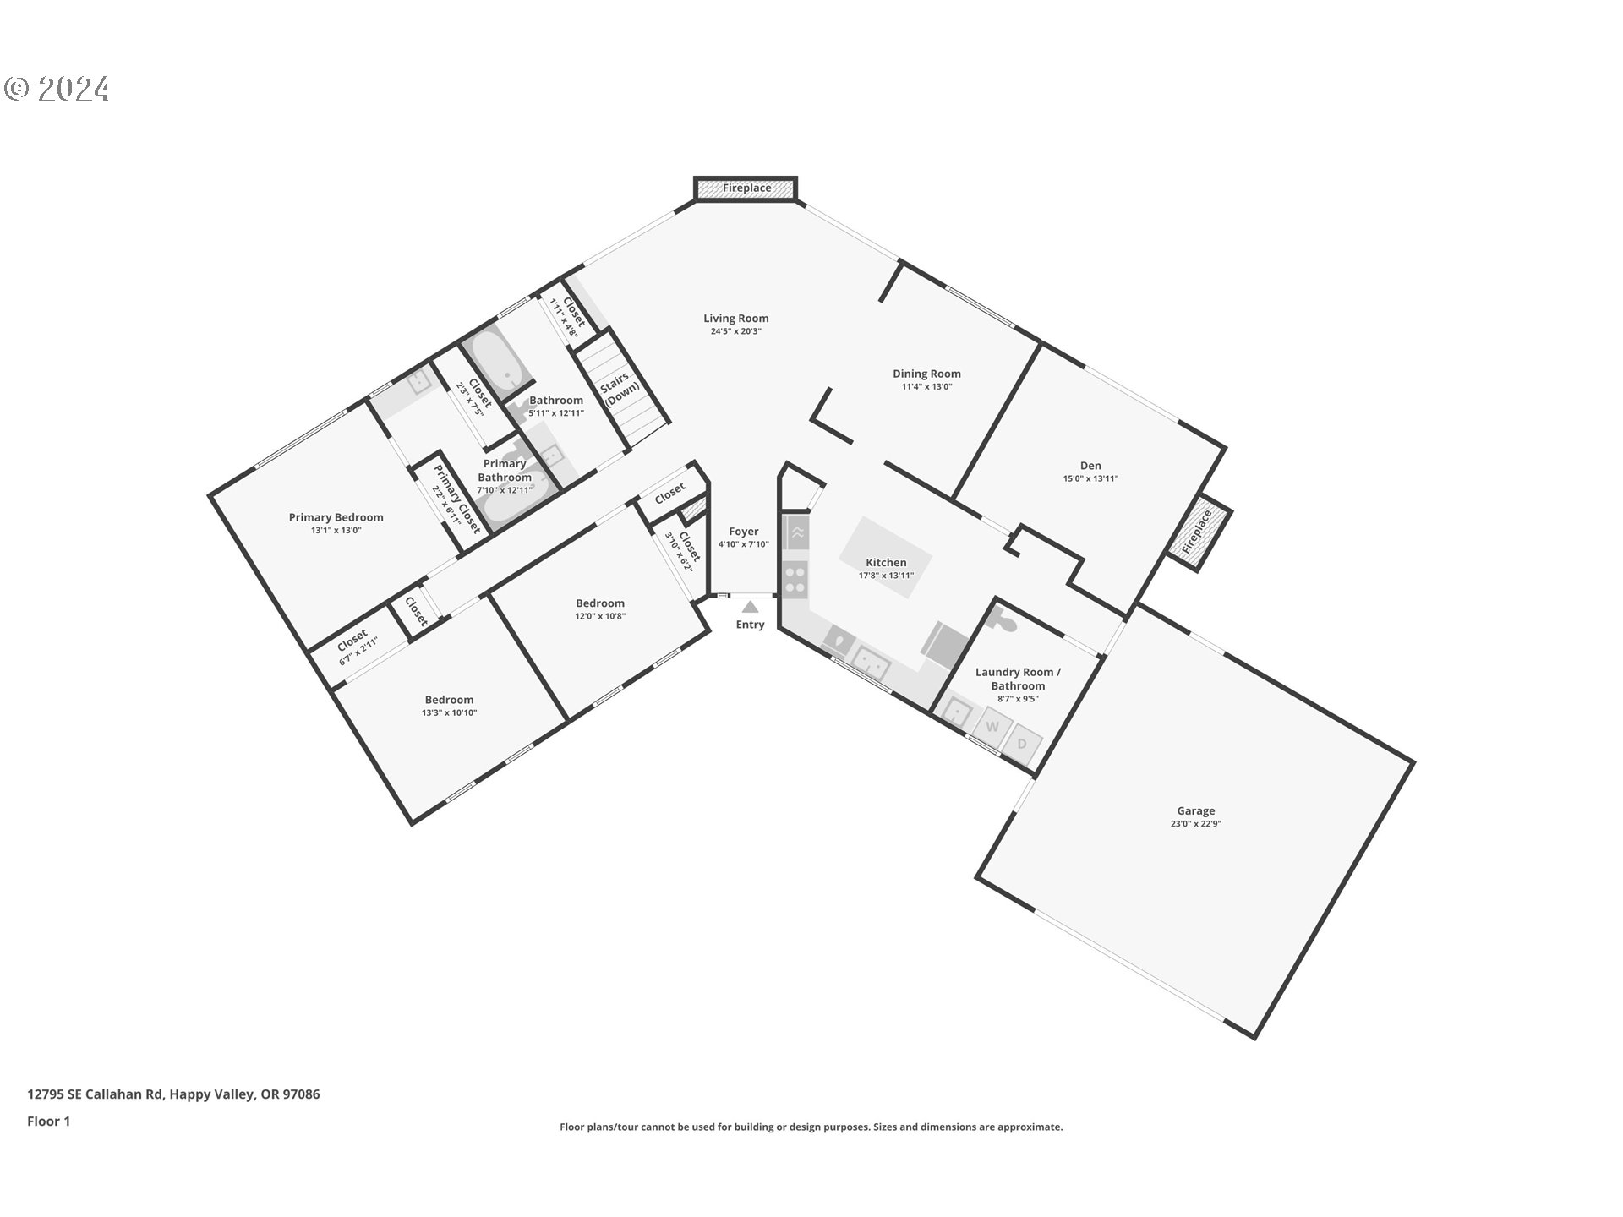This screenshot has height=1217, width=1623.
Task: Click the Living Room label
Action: [735, 319]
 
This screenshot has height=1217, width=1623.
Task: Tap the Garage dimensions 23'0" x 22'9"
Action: [1195, 824]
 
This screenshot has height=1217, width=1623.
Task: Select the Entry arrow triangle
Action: [750, 607]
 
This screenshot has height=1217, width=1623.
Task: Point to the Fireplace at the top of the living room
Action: [746, 188]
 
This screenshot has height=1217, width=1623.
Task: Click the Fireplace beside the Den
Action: [1197, 532]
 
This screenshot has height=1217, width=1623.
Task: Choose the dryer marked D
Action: [1022, 744]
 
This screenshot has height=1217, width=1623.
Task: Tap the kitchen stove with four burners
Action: [795, 580]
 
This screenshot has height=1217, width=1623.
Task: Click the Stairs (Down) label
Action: [620, 390]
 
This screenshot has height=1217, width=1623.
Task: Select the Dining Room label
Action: [926, 374]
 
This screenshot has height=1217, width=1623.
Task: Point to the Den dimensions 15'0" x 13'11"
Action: [1090, 478]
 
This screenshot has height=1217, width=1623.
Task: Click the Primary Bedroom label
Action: [336, 517]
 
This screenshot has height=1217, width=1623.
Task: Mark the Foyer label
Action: [743, 532]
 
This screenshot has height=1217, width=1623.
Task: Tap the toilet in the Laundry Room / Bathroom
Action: [1005, 619]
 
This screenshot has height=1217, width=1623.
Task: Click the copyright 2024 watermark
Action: [57, 89]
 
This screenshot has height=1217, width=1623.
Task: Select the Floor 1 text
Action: [48, 1121]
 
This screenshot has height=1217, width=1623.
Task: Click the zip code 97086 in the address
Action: [302, 1094]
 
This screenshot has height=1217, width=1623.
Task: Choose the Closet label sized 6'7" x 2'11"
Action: [352, 636]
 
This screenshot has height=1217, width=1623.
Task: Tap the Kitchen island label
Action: [886, 562]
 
